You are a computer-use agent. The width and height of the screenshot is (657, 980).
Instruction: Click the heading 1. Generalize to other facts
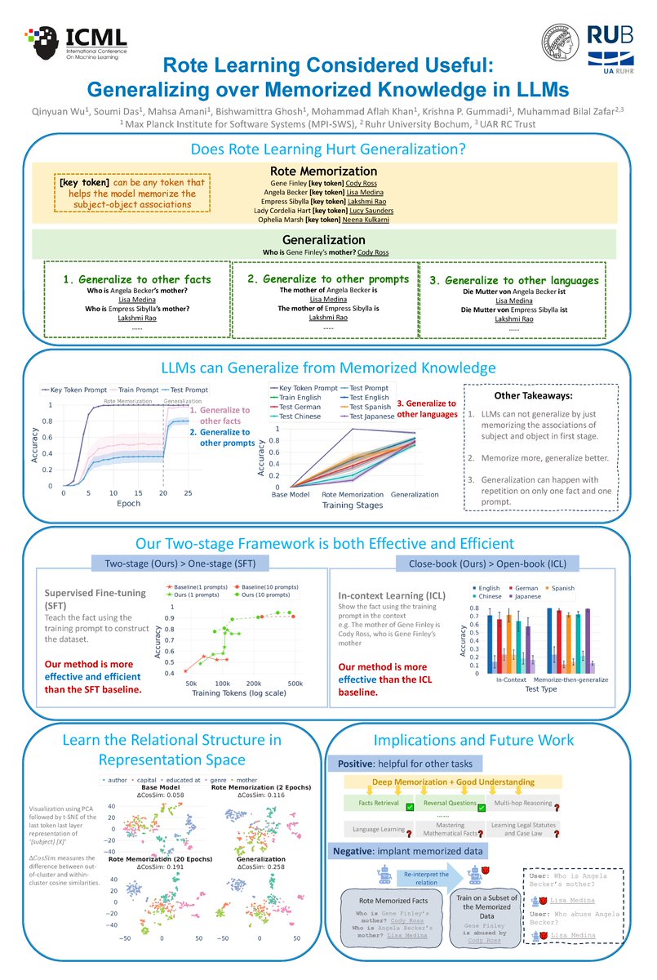(137, 279)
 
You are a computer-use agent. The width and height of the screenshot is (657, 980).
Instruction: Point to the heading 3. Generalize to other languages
(514, 280)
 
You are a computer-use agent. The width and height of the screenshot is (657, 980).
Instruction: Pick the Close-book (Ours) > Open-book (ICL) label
(486, 563)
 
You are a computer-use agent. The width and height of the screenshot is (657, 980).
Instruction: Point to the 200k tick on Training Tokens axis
(253, 683)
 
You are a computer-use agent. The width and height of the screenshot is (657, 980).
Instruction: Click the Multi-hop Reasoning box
(522, 802)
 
